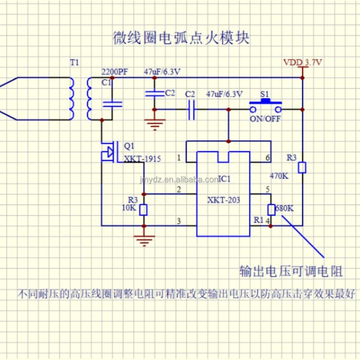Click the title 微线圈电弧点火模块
pos(181,38)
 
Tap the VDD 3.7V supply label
pos(302,62)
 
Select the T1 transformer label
pos(75,63)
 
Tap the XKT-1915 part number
pos(142,159)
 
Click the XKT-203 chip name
pos(223,200)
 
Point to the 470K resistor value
pos(279,175)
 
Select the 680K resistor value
pos(285,208)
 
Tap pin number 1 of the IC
pos(179,158)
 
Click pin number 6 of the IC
pos(268,158)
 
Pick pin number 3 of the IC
pos(179,221)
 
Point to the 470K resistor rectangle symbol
pos(302,168)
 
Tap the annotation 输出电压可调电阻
pos(291,271)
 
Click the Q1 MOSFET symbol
pos(109,151)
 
